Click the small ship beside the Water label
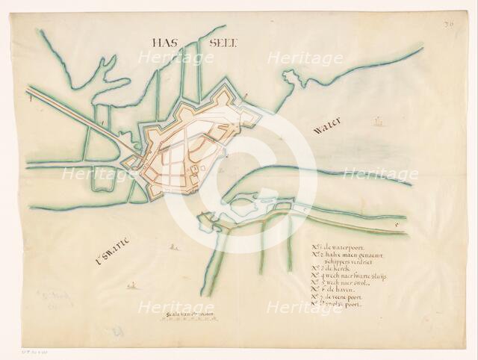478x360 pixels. click(378, 120)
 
